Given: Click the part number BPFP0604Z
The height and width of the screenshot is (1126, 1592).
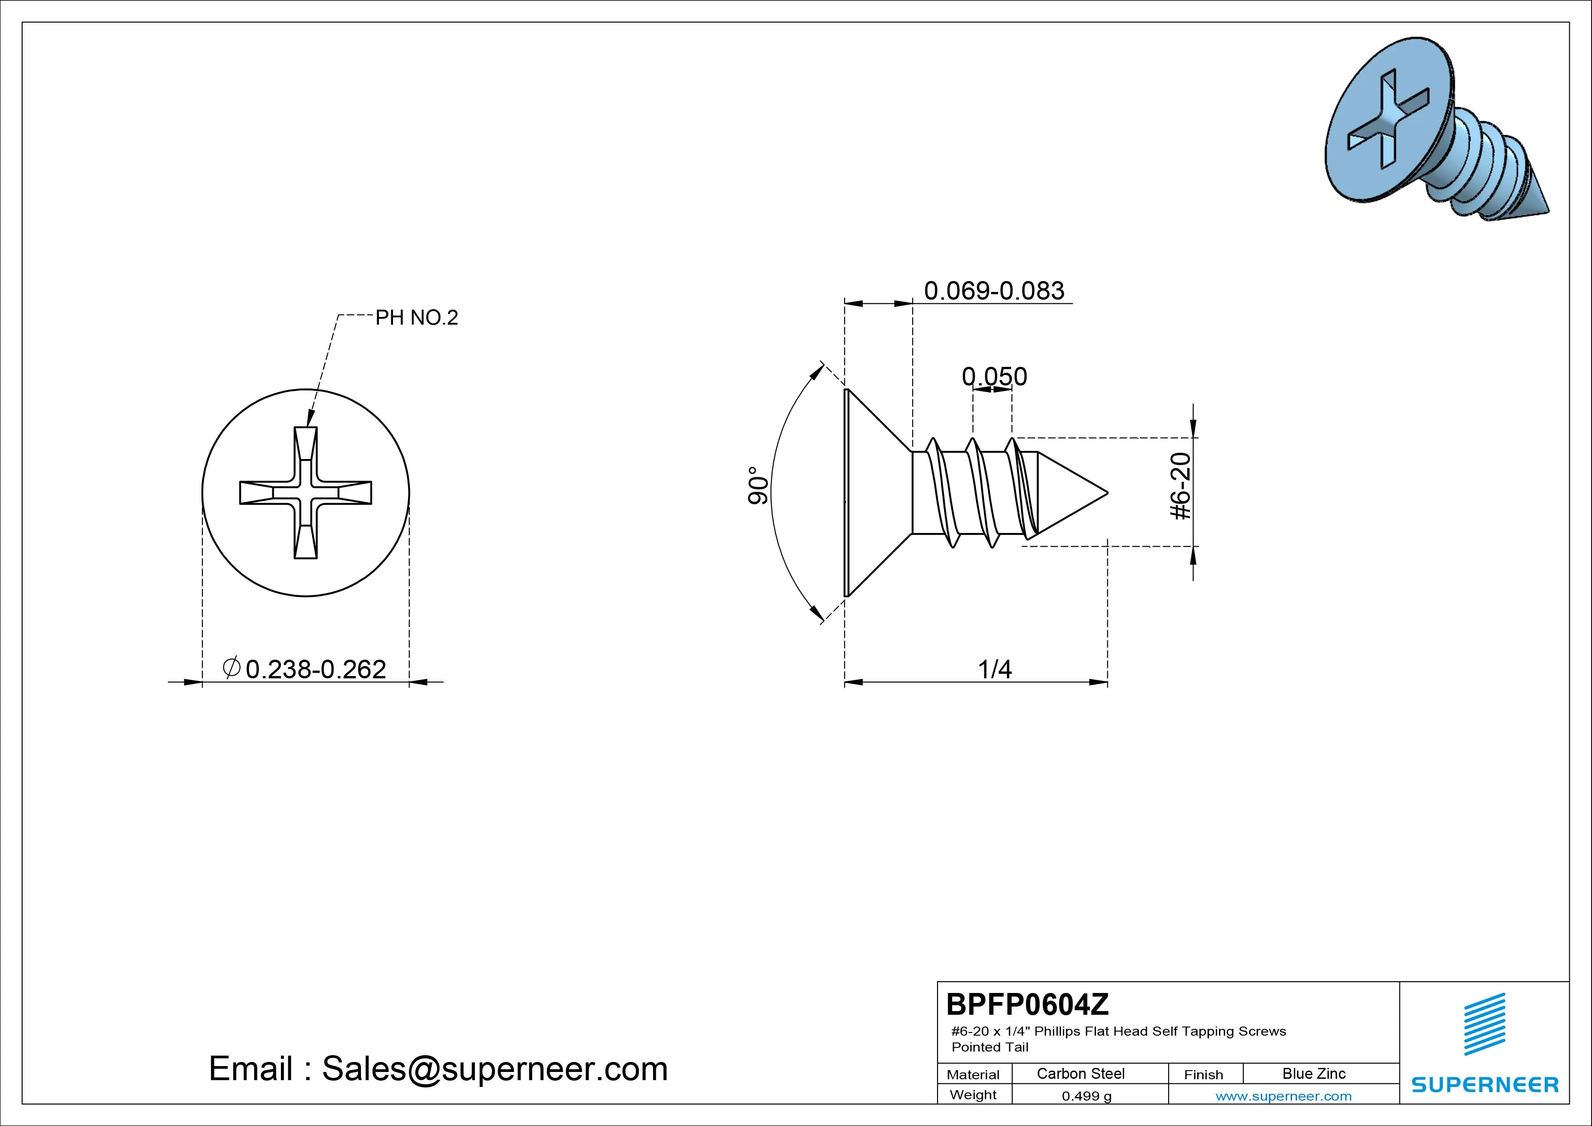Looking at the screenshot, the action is coord(1027,1004).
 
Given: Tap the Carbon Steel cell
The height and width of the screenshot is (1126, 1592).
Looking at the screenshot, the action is coord(1080,1073).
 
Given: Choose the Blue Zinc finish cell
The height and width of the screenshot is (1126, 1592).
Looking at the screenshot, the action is coord(1314,1073).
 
